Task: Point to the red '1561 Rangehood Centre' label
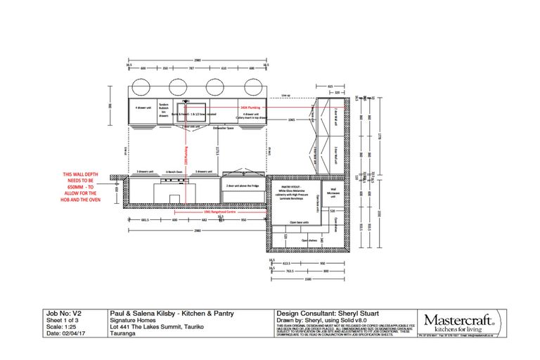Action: click(218, 211)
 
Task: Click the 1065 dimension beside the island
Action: click(290, 120)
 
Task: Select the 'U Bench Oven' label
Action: click(174, 171)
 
